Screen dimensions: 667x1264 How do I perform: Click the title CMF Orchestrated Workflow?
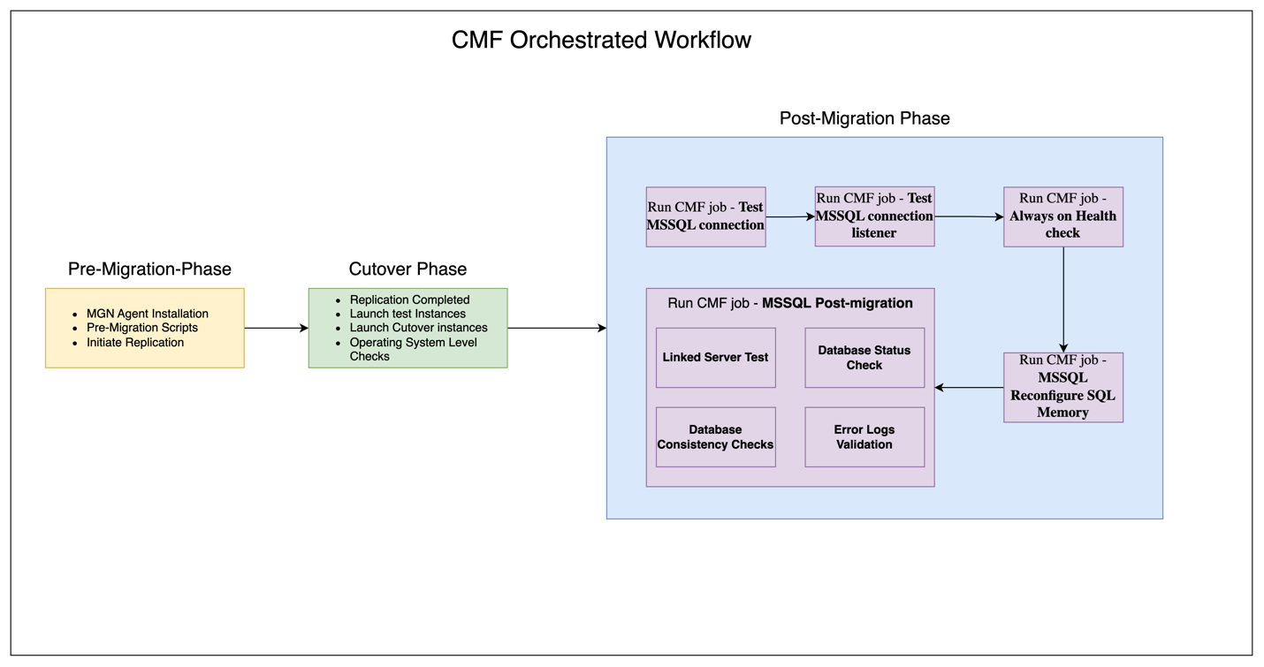pyautogui.click(x=601, y=41)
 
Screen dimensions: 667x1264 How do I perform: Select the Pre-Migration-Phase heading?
pyautogui.click(x=149, y=269)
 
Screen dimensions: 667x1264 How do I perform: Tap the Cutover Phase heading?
pyautogui.click(x=407, y=269)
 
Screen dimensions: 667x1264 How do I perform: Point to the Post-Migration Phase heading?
pyautogui.click(x=864, y=118)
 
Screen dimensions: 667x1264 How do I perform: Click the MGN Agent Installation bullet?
pyautogui.click(x=147, y=314)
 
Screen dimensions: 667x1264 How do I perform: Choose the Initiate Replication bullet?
pyautogui.click(x=134, y=343)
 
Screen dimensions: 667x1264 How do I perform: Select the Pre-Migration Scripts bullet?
pyautogui.click(x=141, y=328)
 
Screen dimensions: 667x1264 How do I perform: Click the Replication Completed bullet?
pyautogui.click(x=409, y=299)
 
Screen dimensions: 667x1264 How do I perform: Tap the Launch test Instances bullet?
pyautogui.click(x=407, y=314)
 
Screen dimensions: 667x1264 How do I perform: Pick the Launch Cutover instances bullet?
pyautogui.click(x=418, y=328)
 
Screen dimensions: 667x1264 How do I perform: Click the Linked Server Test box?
pyautogui.click(x=715, y=358)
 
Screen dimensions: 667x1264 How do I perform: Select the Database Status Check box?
pyautogui.click(x=864, y=358)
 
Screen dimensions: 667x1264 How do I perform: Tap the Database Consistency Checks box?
pyautogui.click(x=715, y=437)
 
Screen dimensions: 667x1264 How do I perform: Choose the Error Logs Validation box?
pyautogui.click(x=864, y=437)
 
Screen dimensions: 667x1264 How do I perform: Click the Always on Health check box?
pyautogui.click(x=1062, y=216)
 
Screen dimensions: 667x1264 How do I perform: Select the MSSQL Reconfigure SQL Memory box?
pyautogui.click(x=1062, y=387)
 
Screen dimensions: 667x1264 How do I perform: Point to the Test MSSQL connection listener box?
pyautogui.click(x=874, y=216)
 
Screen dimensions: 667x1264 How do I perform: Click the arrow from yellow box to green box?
pyautogui.click(x=276, y=329)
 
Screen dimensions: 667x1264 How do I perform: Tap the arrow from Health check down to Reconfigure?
pyautogui.click(x=1063, y=299)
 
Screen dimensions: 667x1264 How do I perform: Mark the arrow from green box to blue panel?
pyautogui.click(x=557, y=329)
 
